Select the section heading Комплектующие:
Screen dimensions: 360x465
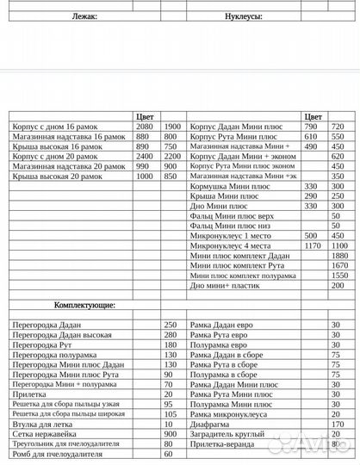click(x=85, y=305)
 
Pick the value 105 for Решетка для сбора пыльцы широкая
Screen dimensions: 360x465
click(x=169, y=413)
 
